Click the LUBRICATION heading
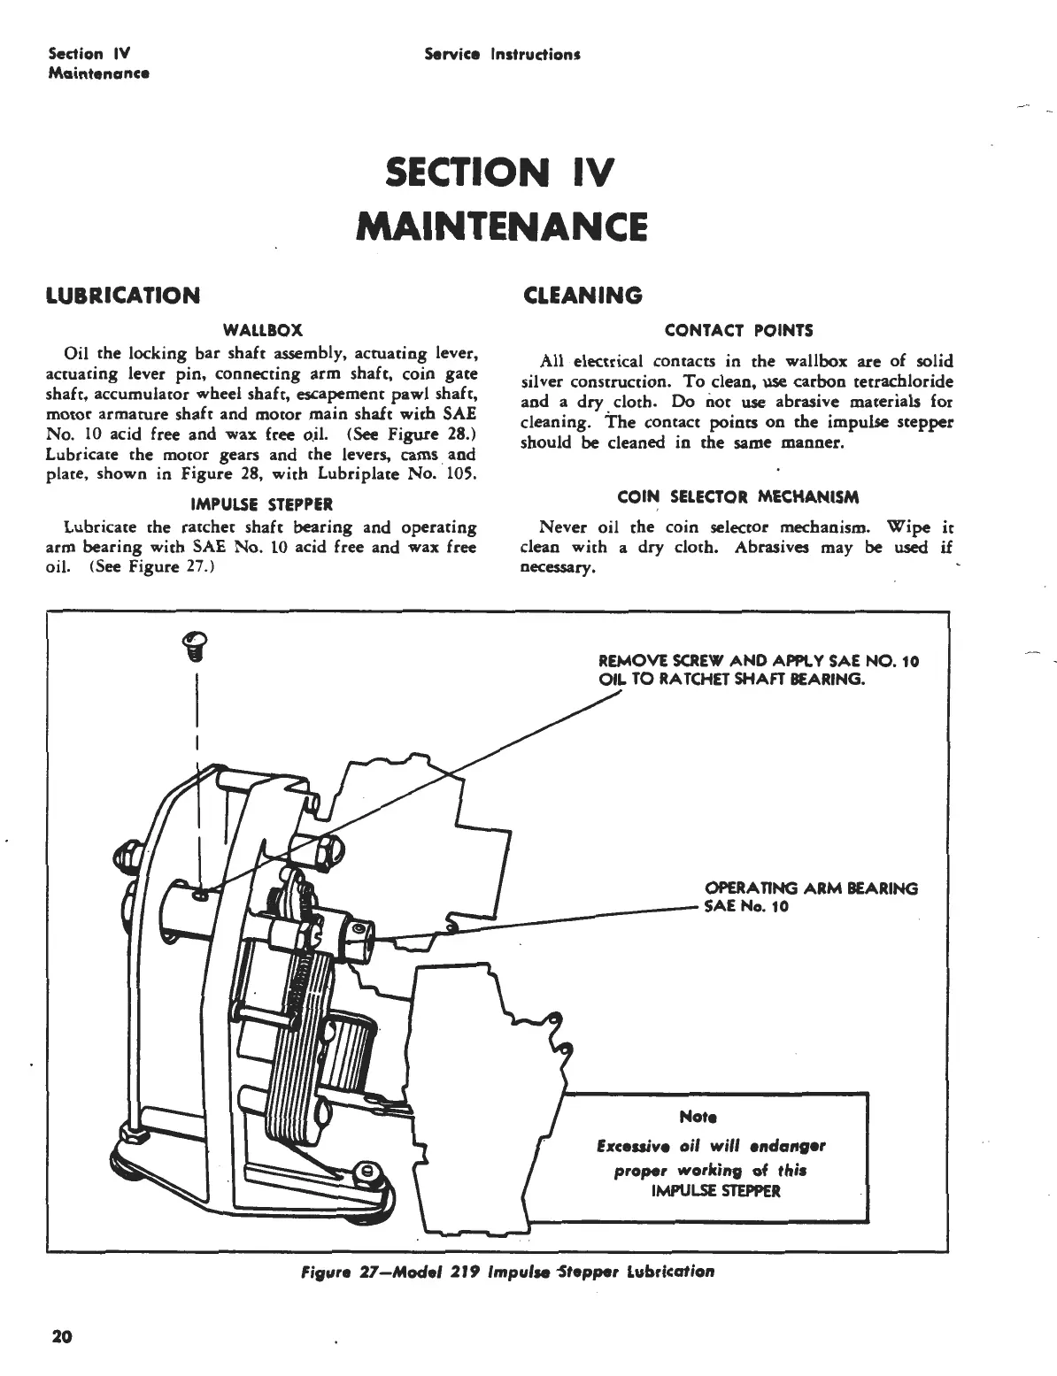tap(122, 295)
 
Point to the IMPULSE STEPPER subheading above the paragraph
tap(263, 504)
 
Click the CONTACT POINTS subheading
tap(738, 330)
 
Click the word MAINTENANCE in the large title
tap(501, 225)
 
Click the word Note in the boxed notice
tap(698, 1117)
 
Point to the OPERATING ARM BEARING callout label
tap(811, 888)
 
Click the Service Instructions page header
tap(501, 55)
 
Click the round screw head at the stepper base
tap(365, 1172)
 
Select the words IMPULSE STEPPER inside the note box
tap(715, 1190)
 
